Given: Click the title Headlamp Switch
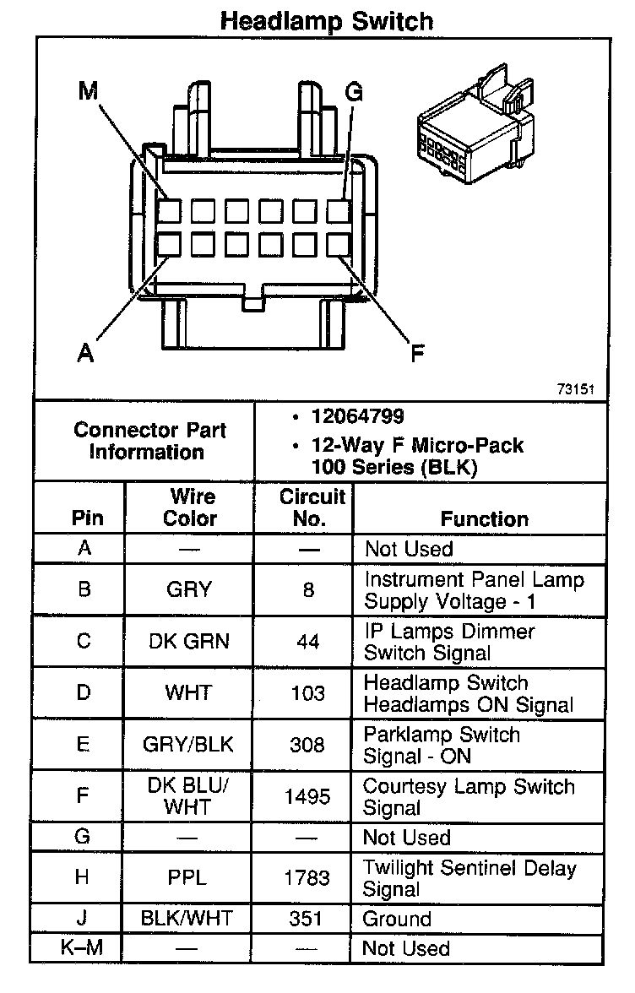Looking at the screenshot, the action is click(x=326, y=21).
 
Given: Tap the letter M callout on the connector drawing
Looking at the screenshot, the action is click(x=89, y=91).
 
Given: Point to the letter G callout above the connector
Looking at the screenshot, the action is click(x=354, y=93).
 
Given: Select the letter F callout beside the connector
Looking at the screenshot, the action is click(x=417, y=352).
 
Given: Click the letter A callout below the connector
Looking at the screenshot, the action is click(x=84, y=353).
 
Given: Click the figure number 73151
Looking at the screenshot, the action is click(x=576, y=389).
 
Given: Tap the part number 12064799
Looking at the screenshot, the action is click(x=357, y=416).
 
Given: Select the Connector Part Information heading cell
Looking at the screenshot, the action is click(x=149, y=440).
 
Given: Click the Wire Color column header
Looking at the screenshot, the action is click(x=190, y=507).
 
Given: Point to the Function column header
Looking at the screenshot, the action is click(x=484, y=518).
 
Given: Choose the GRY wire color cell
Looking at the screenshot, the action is click(x=189, y=589).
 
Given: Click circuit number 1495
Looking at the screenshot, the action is click(x=307, y=797).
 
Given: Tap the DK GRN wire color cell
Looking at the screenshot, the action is click(x=189, y=642).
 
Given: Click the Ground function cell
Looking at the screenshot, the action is click(x=397, y=919).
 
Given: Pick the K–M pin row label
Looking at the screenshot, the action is click(x=82, y=948).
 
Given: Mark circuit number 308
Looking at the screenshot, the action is click(x=307, y=745).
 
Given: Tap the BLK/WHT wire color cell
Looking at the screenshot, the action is click(x=189, y=919).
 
